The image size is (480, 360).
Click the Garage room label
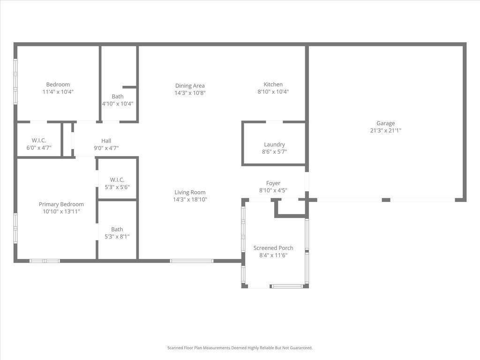[385, 123]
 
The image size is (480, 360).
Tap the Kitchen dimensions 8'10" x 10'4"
[273, 91]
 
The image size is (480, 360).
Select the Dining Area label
[190, 86]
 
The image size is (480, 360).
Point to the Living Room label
[190, 192]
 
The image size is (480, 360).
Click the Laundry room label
[274, 144]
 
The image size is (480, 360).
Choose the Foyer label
[273, 183]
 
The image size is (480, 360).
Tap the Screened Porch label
[273, 248]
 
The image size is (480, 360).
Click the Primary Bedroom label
[61, 204]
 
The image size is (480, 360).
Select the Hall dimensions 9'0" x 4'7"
[106, 148]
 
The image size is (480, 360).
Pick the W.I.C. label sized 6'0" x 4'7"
[39, 141]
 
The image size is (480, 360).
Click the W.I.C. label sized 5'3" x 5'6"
[117, 180]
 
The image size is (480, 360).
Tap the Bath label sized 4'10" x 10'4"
[118, 97]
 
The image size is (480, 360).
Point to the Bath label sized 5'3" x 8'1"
[117, 229]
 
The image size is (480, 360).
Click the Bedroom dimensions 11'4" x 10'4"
[58, 91]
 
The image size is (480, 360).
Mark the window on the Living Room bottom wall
[192, 261]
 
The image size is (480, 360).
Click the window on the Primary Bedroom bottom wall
[45, 261]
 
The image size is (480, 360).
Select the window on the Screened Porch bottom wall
[287, 286]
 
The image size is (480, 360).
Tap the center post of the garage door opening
[386, 200]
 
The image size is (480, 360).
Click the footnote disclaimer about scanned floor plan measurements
[240, 348]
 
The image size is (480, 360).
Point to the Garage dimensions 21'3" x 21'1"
[385, 130]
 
